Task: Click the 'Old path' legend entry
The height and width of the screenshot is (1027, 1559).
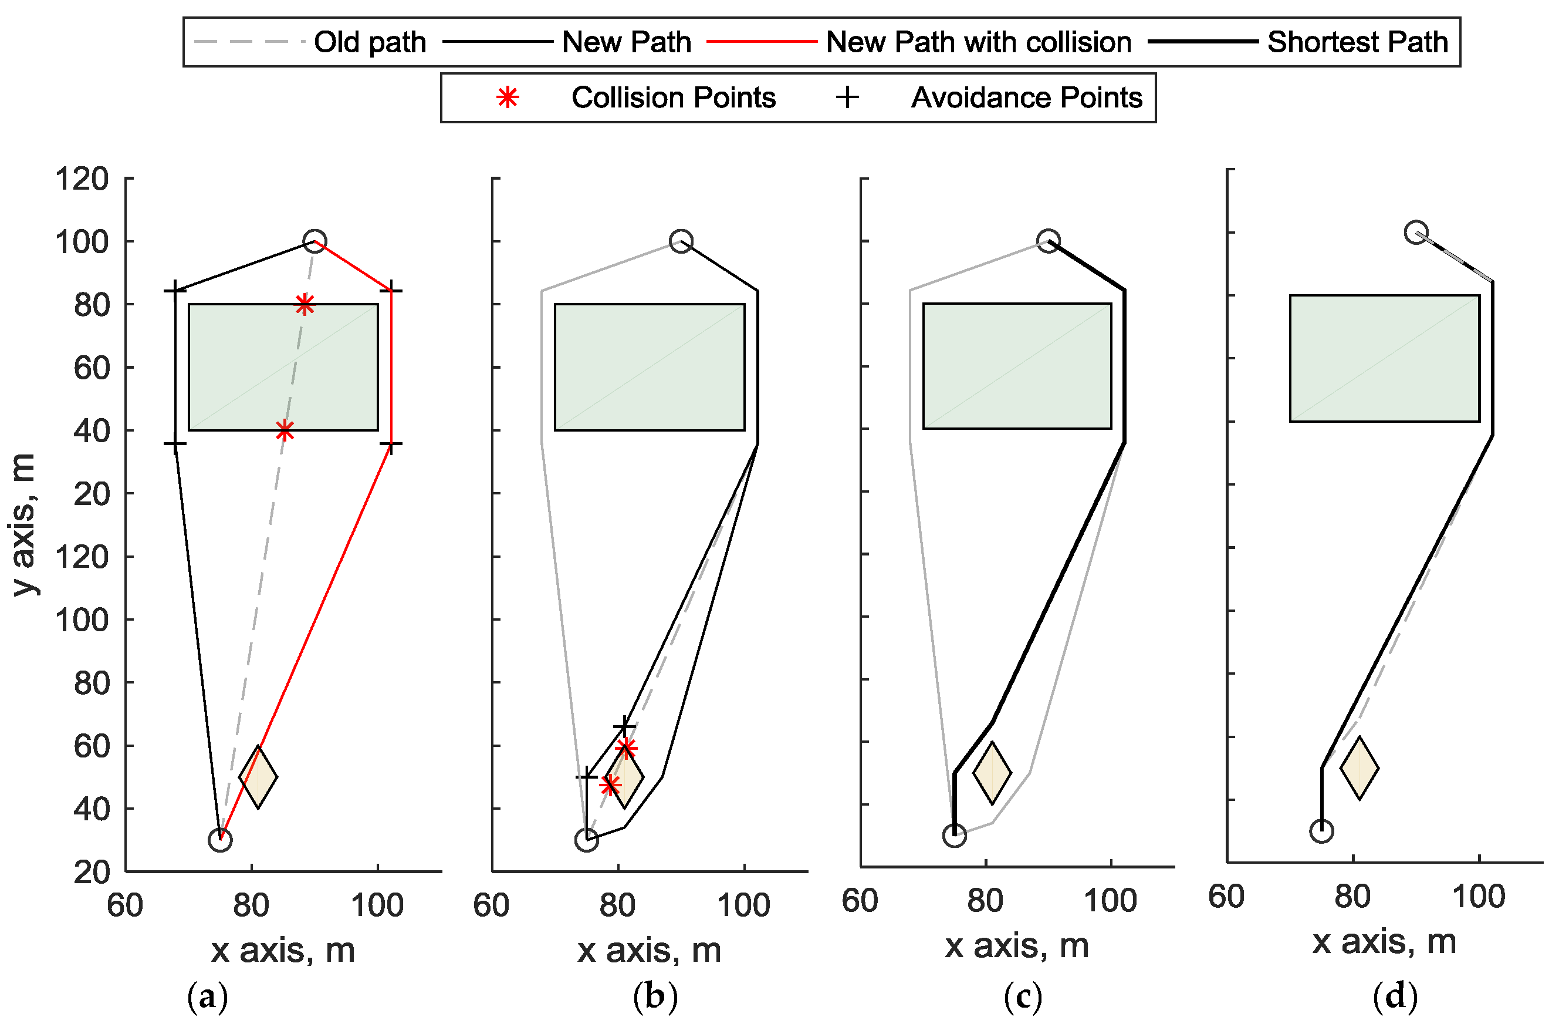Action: (x=370, y=42)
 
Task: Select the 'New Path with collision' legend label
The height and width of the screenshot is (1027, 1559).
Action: (x=978, y=42)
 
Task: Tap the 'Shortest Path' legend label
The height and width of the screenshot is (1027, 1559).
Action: (x=1357, y=42)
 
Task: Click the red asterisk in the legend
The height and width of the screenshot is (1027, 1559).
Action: (x=508, y=97)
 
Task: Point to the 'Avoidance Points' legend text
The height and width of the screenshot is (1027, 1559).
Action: (x=1026, y=97)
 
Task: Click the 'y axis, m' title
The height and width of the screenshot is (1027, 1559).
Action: (x=23, y=524)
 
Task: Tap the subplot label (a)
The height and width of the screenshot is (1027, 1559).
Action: (x=208, y=997)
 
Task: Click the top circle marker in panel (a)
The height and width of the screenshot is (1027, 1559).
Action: (x=314, y=241)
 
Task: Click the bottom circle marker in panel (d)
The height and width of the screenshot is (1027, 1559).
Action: (x=1321, y=831)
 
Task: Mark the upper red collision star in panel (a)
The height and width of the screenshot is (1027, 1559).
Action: (x=305, y=304)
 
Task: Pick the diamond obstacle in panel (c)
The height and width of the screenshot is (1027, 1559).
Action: (x=992, y=773)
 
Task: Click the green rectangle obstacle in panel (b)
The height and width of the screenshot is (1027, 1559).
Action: (x=649, y=367)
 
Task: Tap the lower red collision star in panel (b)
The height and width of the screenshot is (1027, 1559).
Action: (x=610, y=784)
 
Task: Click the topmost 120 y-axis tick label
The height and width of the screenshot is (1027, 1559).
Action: (x=82, y=179)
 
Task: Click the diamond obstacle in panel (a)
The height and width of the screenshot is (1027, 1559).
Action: (x=258, y=777)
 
